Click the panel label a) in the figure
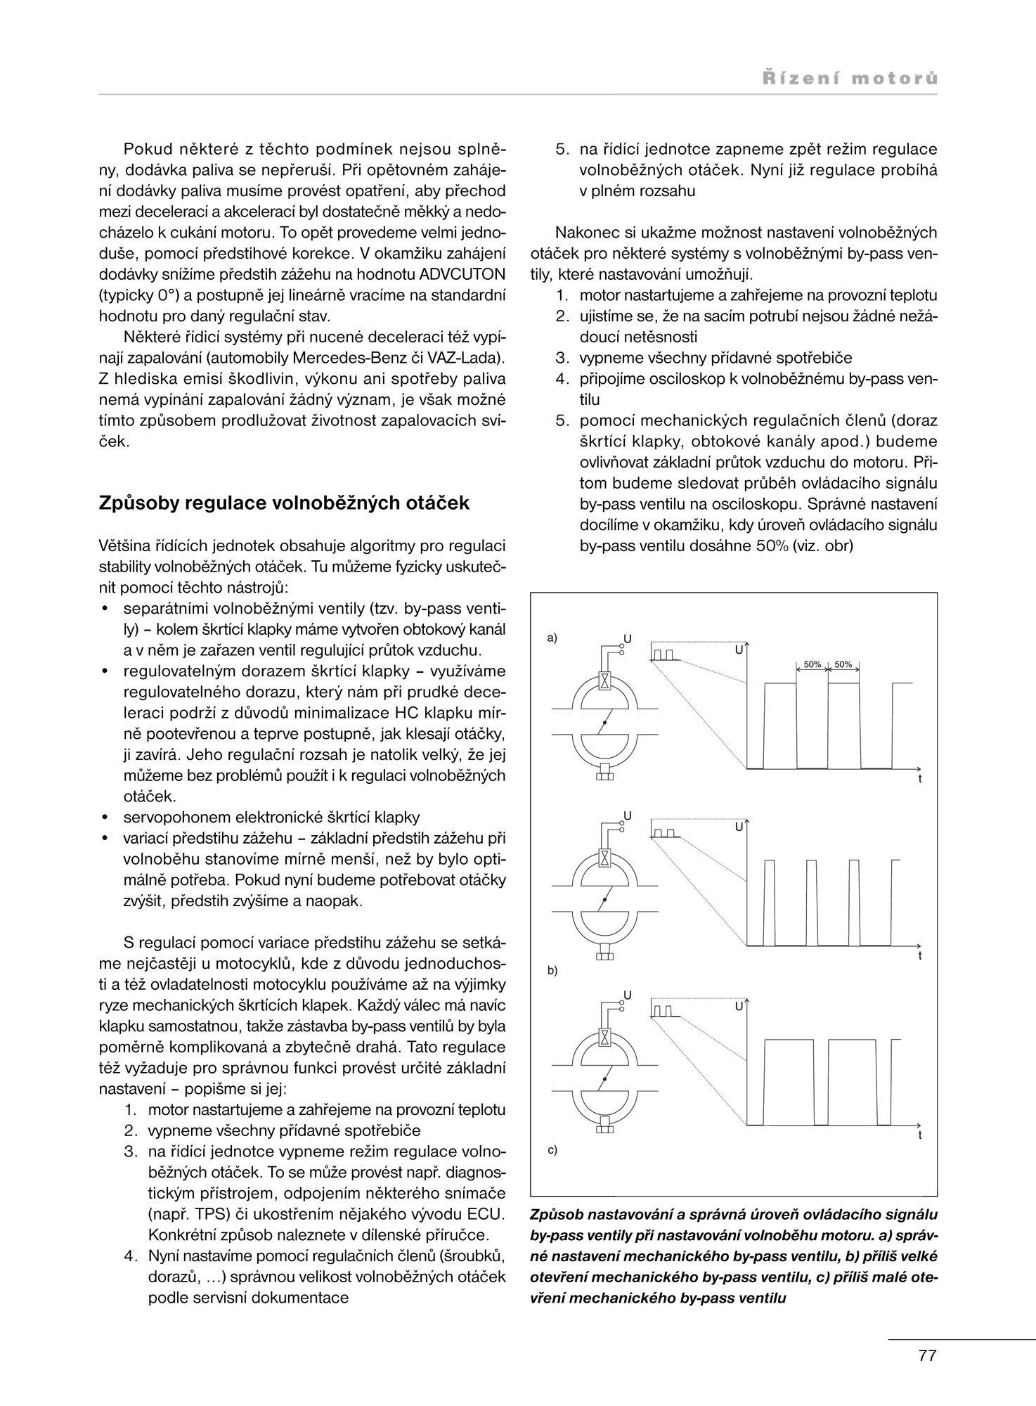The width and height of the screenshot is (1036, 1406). pos(552,638)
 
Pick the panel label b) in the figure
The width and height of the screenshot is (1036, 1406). pos(552,970)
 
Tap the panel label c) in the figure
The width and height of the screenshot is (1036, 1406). pos(552,1151)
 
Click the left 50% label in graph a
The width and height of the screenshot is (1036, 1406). pos(812,664)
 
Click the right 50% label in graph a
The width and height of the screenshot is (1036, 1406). pos(843,664)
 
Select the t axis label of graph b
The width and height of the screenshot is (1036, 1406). pos(919,957)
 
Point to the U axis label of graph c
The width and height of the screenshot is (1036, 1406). pos(739,1007)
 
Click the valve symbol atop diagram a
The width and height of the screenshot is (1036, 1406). pos(604,681)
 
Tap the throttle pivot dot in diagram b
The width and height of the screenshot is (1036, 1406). pos(604,901)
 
